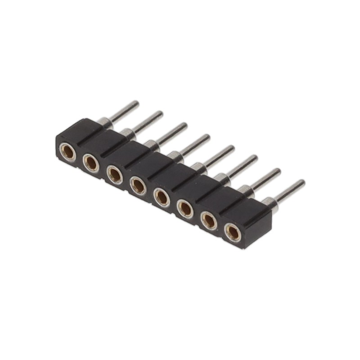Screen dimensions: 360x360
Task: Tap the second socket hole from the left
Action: [x=91, y=162]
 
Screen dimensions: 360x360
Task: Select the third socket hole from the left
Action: [x=115, y=174]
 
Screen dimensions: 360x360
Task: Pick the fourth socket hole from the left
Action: [x=138, y=185]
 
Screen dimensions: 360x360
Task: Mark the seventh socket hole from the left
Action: [x=209, y=220]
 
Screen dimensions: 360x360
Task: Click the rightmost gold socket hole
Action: [x=233, y=232]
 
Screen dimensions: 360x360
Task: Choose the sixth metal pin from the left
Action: [x=240, y=167]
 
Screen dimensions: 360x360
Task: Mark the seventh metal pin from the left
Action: [x=263, y=179]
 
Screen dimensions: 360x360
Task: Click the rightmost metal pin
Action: [x=287, y=191]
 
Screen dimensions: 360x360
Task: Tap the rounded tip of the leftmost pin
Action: [x=135, y=104]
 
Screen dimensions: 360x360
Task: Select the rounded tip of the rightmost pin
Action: [x=301, y=183]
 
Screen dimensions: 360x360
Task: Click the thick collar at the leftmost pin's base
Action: [x=104, y=121]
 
